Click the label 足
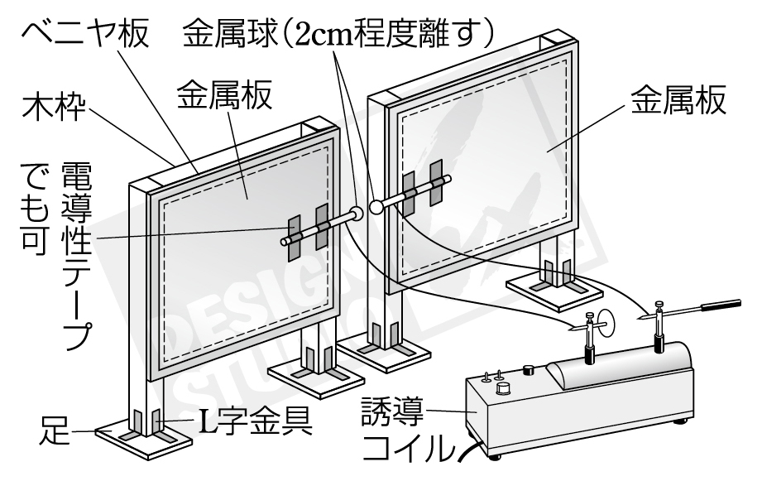click(55, 430)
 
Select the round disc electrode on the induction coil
click(606, 324)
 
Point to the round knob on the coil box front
click(502, 390)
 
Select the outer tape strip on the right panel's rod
click(438, 189)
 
